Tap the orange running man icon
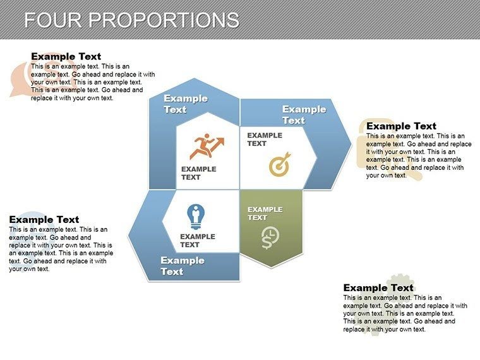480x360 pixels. click(207, 147)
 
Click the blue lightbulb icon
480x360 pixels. click(195, 217)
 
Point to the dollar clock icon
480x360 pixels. click(270, 237)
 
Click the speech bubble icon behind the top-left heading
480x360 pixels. click(23, 79)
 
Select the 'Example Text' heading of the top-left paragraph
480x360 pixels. click(66, 56)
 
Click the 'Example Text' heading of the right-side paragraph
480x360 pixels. click(401, 126)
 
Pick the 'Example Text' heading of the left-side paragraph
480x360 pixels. click(44, 219)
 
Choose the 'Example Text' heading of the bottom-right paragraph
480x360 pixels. click(378, 287)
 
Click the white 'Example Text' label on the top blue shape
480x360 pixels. click(185, 104)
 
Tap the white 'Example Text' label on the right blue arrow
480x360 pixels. click(304, 114)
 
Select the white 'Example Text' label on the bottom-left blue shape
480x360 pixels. click(182, 266)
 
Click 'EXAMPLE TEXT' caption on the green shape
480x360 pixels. click(265, 213)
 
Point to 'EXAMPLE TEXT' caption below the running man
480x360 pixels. click(198, 173)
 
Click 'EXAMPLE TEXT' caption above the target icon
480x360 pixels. click(264, 139)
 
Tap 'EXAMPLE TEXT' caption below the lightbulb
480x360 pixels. click(197, 241)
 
